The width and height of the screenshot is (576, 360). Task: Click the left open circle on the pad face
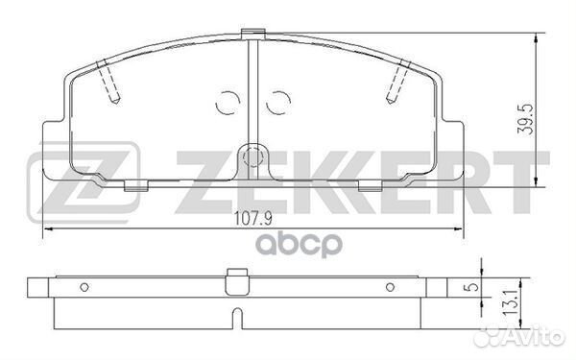[x=228, y=100]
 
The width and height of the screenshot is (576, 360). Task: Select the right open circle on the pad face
[x=278, y=100]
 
